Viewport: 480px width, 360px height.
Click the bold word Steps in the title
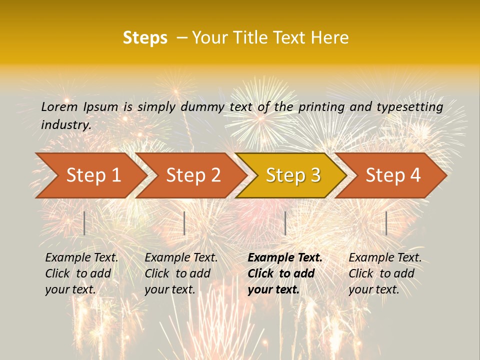[x=145, y=38]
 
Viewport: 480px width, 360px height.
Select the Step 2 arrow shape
[x=193, y=175]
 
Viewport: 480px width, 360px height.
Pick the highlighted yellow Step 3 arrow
[x=293, y=175]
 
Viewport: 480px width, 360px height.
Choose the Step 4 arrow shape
[x=393, y=175]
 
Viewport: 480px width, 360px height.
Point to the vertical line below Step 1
[x=84, y=223]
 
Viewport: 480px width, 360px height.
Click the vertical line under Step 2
[x=184, y=223]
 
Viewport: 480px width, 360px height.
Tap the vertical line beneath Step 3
[x=285, y=223]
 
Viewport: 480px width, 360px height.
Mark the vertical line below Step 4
[x=386, y=223]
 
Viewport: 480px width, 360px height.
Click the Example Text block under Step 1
[x=81, y=273]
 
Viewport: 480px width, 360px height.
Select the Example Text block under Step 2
[x=181, y=273]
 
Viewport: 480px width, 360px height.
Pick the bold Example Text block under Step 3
[x=285, y=273]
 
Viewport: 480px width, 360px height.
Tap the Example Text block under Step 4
[x=385, y=273]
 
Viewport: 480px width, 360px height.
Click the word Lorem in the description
[x=59, y=106]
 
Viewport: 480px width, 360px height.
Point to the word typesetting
[x=409, y=106]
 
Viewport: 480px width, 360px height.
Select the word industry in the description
[x=65, y=125]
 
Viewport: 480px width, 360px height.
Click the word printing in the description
[x=321, y=106]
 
